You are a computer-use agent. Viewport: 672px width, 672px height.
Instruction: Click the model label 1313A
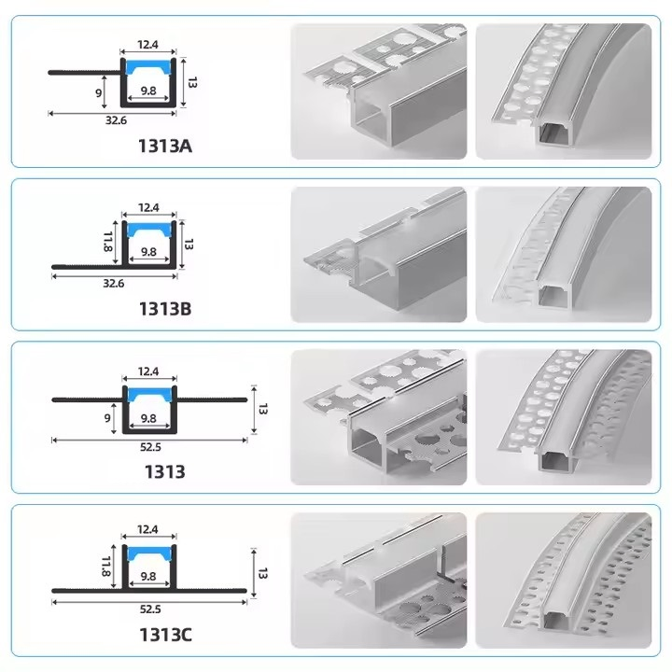[x=165, y=147]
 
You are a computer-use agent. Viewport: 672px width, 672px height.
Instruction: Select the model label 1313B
[x=165, y=309]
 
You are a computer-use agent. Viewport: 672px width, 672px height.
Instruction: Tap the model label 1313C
[x=165, y=635]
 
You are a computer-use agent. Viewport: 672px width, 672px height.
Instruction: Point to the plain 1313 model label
[x=165, y=472]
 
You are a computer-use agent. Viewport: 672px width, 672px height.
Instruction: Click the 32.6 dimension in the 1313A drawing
[x=116, y=120]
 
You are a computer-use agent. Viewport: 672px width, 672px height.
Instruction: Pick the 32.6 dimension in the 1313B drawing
[x=114, y=284]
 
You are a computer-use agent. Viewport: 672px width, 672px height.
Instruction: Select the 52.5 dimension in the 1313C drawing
[x=150, y=609]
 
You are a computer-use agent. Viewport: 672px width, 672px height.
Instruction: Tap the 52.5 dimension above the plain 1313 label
[x=150, y=447]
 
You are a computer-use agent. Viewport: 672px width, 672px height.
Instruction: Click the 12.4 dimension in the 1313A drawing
[x=147, y=45]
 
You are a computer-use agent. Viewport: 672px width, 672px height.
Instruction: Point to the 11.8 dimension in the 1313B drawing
[x=107, y=242]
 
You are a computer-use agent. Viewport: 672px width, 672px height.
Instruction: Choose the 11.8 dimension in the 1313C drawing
[x=106, y=567]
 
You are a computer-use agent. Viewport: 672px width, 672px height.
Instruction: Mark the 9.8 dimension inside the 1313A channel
[x=148, y=91]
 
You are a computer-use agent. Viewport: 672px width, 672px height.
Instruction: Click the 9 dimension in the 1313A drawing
[x=99, y=92]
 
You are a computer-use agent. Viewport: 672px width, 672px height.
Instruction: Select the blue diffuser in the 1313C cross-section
[x=148, y=553]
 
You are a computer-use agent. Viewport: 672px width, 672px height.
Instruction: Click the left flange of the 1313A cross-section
[x=85, y=73]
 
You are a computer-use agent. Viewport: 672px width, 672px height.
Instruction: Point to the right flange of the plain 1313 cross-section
[x=212, y=399]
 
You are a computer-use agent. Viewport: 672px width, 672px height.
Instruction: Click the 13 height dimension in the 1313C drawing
[x=262, y=573]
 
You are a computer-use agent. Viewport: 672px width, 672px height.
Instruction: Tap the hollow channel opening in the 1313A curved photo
[x=553, y=135]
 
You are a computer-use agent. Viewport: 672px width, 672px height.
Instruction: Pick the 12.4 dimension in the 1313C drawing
[x=147, y=530]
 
